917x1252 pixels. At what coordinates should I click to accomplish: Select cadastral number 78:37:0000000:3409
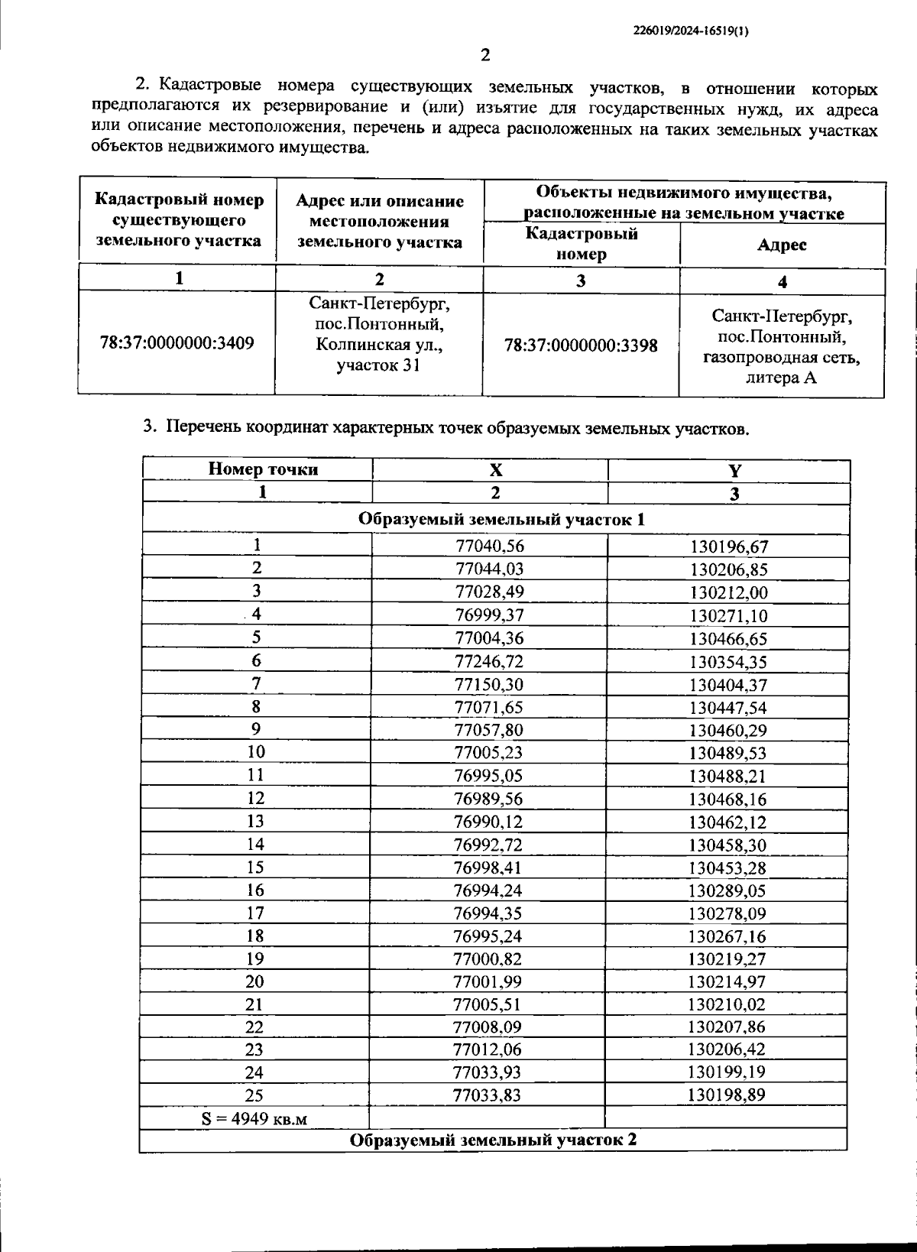pyautogui.click(x=177, y=342)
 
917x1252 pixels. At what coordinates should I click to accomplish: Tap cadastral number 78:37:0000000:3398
pyautogui.click(x=581, y=345)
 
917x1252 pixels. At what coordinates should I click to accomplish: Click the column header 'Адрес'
pyautogui.click(x=782, y=245)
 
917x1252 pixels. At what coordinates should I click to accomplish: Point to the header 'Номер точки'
pyautogui.click(x=263, y=469)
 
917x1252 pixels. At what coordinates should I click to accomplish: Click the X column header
pyautogui.click(x=496, y=470)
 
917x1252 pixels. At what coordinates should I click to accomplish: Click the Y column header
pyautogui.click(x=734, y=471)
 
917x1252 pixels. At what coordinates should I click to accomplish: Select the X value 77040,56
pyautogui.click(x=490, y=546)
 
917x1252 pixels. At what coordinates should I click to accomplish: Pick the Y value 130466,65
pyautogui.click(x=728, y=639)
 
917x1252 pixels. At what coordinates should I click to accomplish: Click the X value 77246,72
pyautogui.click(x=489, y=661)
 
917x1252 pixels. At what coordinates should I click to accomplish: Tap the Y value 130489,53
pyautogui.click(x=727, y=753)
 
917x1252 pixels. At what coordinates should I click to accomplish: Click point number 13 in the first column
pyautogui.click(x=255, y=821)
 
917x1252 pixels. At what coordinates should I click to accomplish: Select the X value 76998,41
pyautogui.click(x=488, y=868)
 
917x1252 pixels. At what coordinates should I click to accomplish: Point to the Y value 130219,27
pyautogui.click(x=727, y=958)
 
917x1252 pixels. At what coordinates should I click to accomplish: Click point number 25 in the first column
pyautogui.click(x=254, y=1095)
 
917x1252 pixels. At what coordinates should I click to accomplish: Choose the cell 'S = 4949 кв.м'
pyautogui.click(x=254, y=1119)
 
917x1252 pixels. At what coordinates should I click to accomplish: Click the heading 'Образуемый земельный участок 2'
pyautogui.click(x=493, y=1140)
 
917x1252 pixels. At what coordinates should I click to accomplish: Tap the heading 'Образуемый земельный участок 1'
pyautogui.click(x=501, y=520)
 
